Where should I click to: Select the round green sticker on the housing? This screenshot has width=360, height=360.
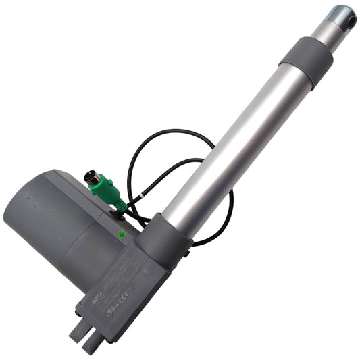click(x=122, y=236)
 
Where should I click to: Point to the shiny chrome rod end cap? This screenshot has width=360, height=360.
click(x=343, y=17)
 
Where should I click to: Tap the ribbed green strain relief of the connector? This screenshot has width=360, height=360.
click(x=117, y=200)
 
